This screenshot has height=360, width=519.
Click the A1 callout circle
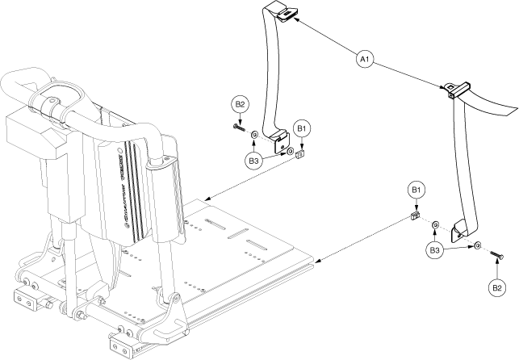[364, 60]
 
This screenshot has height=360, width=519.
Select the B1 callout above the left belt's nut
[302, 128]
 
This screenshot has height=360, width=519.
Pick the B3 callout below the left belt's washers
[255, 161]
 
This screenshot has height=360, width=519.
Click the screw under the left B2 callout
[241, 127]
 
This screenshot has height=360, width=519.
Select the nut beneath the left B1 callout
[299, 151]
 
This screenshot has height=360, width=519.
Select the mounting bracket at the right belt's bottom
[461, 231]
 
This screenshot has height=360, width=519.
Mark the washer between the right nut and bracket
[435, 224]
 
